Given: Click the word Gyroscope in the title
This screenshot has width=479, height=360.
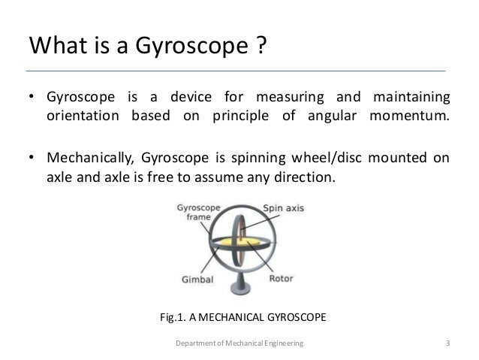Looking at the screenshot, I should pos(188,49).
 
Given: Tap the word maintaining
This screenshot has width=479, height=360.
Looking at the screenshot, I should pos(410,98).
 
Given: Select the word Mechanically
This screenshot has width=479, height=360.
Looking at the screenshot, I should pos(86,159).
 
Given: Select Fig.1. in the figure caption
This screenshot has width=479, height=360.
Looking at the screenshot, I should pos(176,318).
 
